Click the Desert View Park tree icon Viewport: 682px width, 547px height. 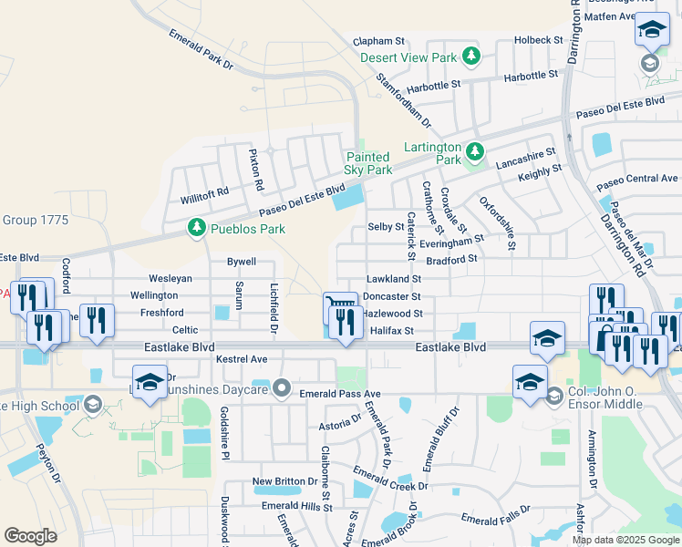click(471, 57)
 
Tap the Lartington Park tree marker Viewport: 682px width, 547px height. click(474, 151)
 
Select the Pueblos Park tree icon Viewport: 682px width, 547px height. click(195, 228)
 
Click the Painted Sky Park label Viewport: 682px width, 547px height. click(368, 164)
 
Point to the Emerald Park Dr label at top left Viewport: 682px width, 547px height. click(201, 49)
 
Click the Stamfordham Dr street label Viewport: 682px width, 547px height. click(403, 98)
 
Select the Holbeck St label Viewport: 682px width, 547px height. click(538, 40)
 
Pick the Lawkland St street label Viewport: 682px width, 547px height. click(393, 279)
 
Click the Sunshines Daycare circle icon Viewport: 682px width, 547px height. click(282, 390)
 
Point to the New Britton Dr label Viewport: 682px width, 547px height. click(284, 481)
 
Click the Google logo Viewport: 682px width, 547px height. click(31, 536)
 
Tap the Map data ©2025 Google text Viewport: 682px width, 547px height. click(625, 540)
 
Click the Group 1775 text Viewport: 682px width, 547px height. click(36, 220)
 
